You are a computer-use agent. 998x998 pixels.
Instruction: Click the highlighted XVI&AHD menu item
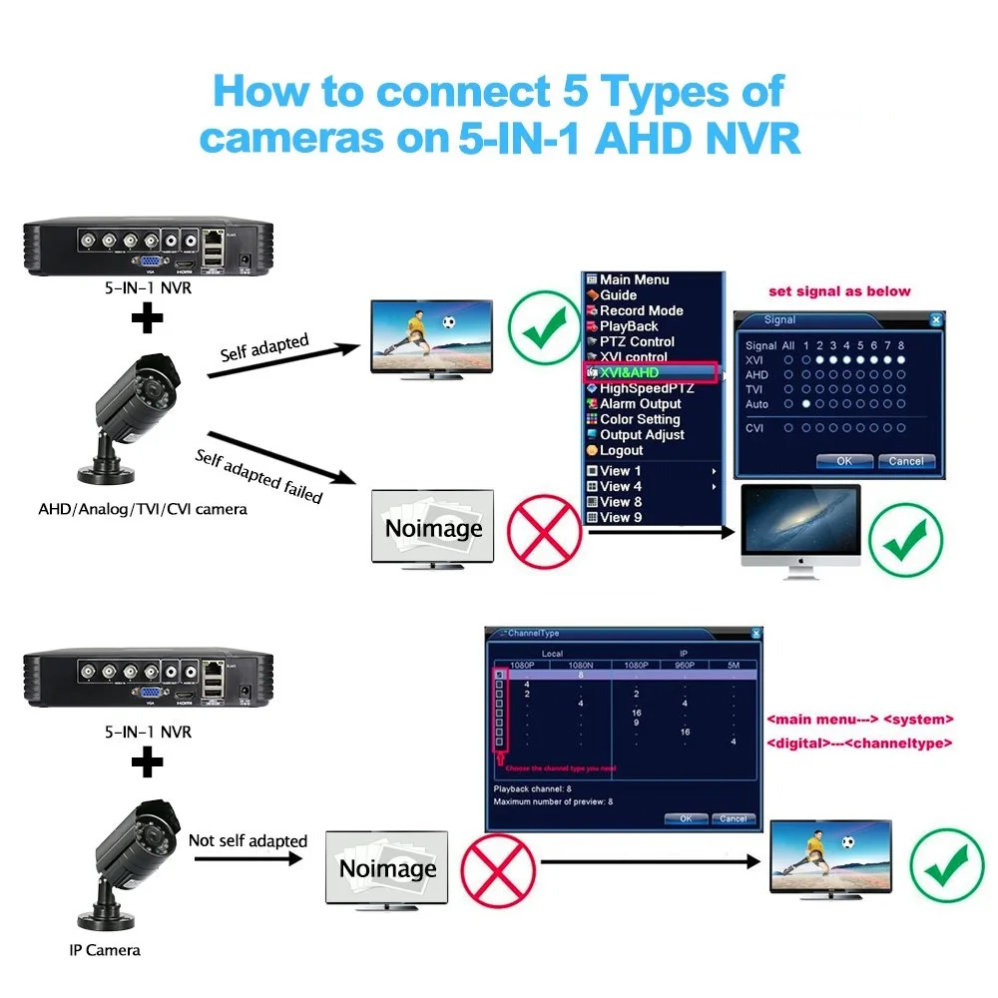tap(651, 372)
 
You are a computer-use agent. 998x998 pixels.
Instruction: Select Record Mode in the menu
tap(641, 310)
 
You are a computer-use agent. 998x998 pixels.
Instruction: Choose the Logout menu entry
tap(621, 450)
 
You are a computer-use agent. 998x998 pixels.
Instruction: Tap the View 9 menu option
tap(620, 517)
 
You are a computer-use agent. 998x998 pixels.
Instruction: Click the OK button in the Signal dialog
tap(843, 461)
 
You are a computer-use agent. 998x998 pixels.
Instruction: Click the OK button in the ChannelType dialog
tap(686, 818)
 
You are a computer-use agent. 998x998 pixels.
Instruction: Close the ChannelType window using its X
tap(755, 634)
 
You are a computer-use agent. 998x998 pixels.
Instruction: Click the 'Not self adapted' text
tap(248, 840)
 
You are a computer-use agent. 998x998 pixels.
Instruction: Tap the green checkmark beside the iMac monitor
tap(905, 542)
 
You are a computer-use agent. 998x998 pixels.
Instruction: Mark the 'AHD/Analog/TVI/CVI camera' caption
tap(143, 509)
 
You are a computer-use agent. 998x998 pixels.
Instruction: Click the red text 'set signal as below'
tap(839, 291)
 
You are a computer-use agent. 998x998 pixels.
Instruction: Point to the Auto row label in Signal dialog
tap(757, 404)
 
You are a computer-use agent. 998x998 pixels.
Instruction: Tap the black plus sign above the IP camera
tap(147, 764)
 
